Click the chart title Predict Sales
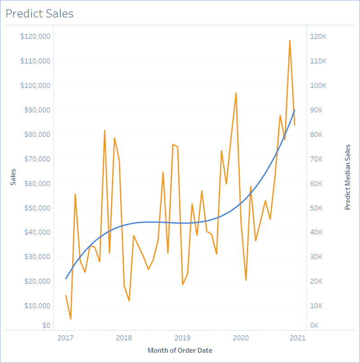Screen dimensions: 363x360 click(x=39, y=14)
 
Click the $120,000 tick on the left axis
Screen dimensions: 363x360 click(x=35, y=36)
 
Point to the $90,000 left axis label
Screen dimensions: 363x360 click(x=36, y=110)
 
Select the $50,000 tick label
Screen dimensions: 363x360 click(x=36, y=208)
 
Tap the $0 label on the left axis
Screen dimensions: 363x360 click(x=46, y=325)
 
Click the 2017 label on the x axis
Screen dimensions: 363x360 click(x=66, y=338)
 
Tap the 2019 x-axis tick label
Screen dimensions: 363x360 click(x=182, y=338)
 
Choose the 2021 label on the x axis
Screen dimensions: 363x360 click(x=298, y=338)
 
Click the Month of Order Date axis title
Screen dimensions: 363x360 click(x=180, y=350)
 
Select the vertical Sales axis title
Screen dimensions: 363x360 click(x=13, y=177)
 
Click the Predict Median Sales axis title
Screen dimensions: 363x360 click(x=347, y=177)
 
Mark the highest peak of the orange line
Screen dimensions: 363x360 click(x=290, y=41)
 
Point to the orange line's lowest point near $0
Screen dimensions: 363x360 click(x=71, y=319)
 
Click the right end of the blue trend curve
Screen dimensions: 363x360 click(x=295, y=110)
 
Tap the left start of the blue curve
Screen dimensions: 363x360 click(x=66, y=279)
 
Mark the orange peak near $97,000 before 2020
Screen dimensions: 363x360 click(x=236, y=93)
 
